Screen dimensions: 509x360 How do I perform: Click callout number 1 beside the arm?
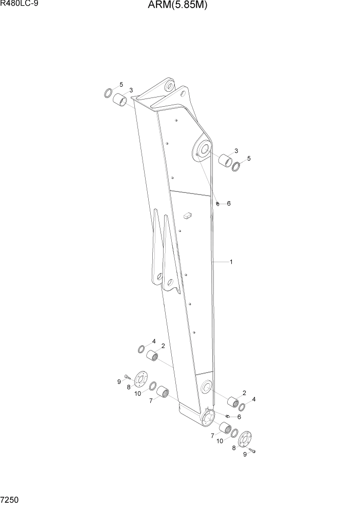(x=231, y=262)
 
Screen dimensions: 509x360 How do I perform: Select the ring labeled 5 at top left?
(x=108, y=93)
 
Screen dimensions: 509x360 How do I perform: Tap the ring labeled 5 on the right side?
(x=237, y=167)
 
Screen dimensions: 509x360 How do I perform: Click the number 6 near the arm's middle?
(x=229, y=204)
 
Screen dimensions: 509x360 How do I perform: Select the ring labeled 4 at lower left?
(x=141, y=349)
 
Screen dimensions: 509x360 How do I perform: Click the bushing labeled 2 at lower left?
(x=152, y=356)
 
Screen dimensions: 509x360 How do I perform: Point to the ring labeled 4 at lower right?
(x=242, y=407)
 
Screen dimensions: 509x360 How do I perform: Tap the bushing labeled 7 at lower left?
(x=164, y=392)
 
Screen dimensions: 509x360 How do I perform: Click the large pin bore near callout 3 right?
(x=202, y=149)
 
